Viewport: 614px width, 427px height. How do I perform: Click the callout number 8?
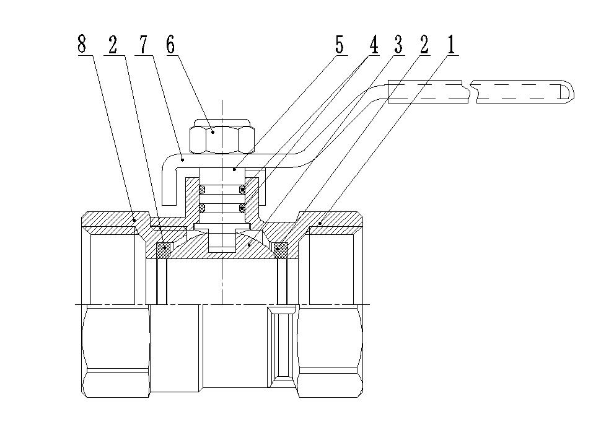point(82,45)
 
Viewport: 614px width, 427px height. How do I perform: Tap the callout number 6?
point(170,45)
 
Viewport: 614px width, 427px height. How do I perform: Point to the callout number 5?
point(339,45)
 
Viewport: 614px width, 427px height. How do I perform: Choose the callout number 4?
point(374,45)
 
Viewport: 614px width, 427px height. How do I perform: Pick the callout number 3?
point(398,45)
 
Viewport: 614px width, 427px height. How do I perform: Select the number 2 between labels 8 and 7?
point(112,45)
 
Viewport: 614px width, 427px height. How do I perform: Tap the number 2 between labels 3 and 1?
point(424,45)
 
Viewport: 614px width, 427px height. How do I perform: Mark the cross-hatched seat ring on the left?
point(164,249)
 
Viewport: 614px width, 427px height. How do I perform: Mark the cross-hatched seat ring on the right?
point(281,249)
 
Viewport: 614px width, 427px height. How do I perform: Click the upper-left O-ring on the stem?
point(202,188)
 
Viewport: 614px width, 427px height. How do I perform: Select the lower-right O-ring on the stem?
point(242,208)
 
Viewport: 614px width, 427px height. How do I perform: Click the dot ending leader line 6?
point(212,131)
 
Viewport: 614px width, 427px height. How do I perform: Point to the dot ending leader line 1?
point(320,222)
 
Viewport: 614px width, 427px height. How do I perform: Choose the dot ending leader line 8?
point(134,218)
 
